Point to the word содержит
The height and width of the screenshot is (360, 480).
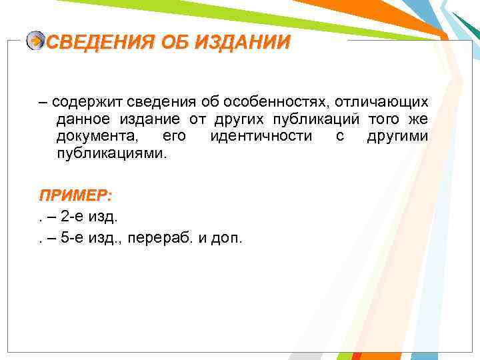click(83, 102)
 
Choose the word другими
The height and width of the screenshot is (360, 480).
click(397, 137)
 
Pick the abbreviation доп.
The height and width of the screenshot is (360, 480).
click(227, 237)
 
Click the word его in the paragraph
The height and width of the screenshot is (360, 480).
click(175, 137)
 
